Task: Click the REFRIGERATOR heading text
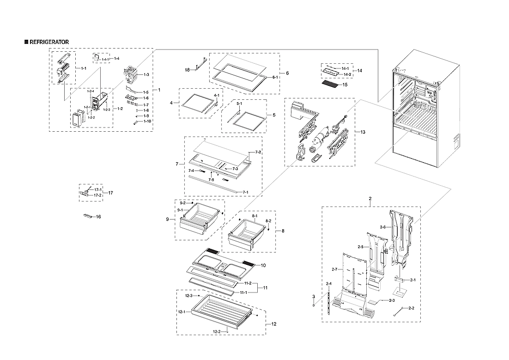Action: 49,42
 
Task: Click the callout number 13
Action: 363,133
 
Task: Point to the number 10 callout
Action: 263,265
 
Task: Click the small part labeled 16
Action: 88,216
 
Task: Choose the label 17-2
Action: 98,195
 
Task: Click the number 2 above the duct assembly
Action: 370,198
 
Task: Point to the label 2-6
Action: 382,227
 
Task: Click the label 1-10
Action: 147,121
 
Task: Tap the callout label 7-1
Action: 246,192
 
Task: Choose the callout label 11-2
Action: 248,283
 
